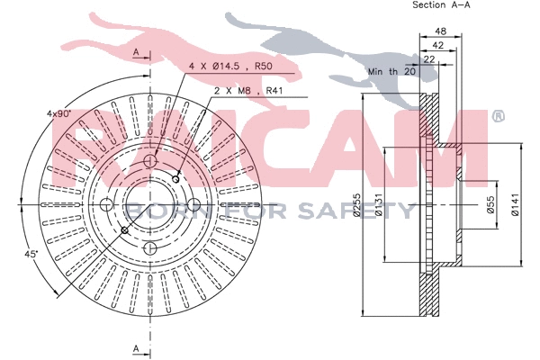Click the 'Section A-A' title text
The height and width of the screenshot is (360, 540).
[441, 4]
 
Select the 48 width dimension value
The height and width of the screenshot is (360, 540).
[440, 31]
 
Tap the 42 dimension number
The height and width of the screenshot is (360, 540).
[437, 45]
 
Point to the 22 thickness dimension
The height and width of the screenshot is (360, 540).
[428, 59]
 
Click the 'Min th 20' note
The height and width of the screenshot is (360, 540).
[391, 72]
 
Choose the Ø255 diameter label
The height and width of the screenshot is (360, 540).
[356, 204]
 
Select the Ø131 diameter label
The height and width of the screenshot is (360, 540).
[378, 204]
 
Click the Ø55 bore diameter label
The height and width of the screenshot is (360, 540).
[490, 204]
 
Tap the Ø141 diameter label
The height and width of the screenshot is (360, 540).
[515, 204]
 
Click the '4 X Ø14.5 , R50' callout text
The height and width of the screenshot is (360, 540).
[230, 66]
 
